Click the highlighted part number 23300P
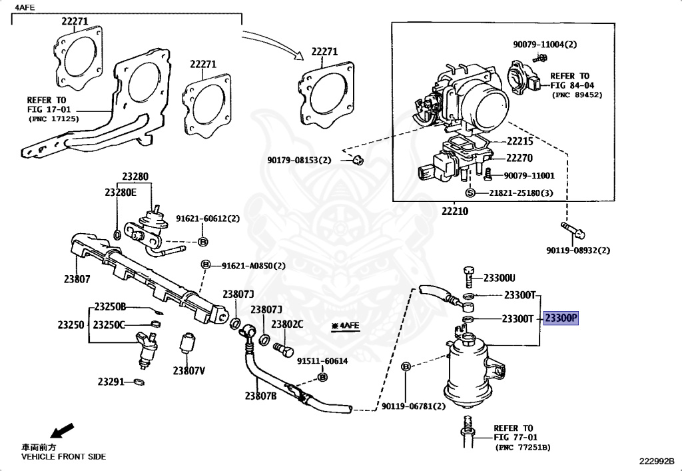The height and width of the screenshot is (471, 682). pos(561,319)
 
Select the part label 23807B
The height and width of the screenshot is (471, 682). pos(260,396)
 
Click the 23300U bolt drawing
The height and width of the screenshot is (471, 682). pos(468,276)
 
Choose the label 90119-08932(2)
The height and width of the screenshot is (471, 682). pos(578,250)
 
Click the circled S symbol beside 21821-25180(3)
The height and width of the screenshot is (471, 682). pos(470,193)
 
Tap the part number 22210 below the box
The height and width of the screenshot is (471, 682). pos(455,211)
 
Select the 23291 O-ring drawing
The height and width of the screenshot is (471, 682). pos(139,382)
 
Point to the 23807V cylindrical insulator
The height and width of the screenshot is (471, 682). pos(186,344)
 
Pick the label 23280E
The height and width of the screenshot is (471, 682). pos(121,193)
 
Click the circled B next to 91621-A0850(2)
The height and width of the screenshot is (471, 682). pos(205,264)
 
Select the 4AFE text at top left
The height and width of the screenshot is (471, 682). pos(25,7)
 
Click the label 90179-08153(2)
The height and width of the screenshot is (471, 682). pos(299,160)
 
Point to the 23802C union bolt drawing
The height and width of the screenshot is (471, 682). pos(283,349)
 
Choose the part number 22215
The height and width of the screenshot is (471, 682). pos(519,141)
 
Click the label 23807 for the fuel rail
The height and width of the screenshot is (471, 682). pos(77,279)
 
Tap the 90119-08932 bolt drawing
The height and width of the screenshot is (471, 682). pos(573,231)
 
